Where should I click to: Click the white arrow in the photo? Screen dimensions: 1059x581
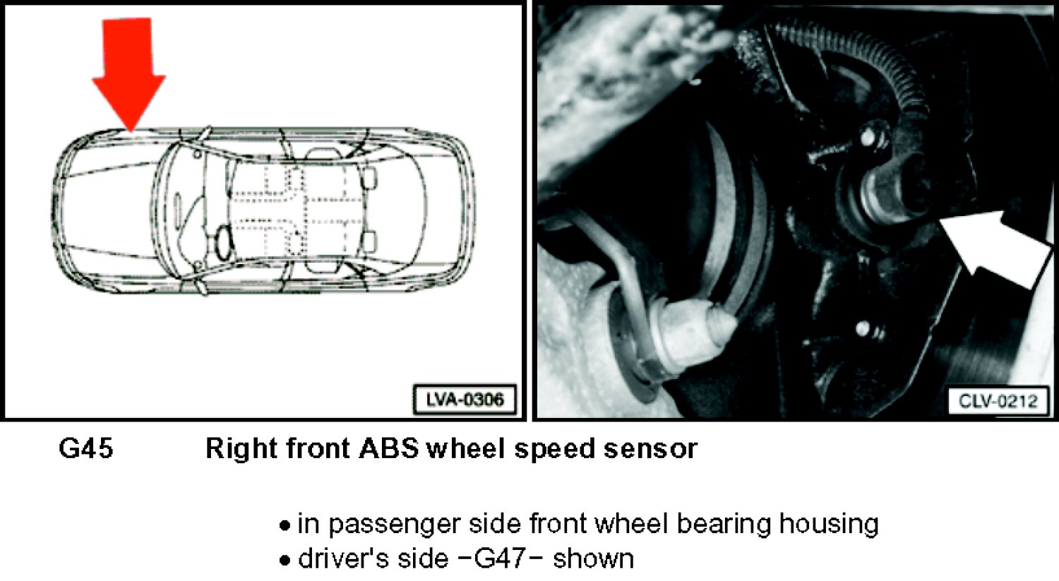click(x=993, y=248)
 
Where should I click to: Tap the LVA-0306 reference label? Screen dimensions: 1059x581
click(x=465, y=400)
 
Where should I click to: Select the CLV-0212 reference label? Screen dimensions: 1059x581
click(x=998, y=402)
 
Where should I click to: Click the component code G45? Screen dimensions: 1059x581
click(x=86, y=448)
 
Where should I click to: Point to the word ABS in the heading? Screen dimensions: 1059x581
click(x=388, y=448)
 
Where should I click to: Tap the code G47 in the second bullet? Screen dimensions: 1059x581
click(x=499, y=559)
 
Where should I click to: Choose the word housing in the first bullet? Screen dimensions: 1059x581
click(x=829, y=524)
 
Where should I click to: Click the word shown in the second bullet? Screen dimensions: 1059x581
click(x=593, y=559)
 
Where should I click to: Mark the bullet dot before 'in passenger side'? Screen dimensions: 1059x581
click(x=285, y=526)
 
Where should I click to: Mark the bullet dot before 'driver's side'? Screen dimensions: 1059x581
click(x=285, y=561)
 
